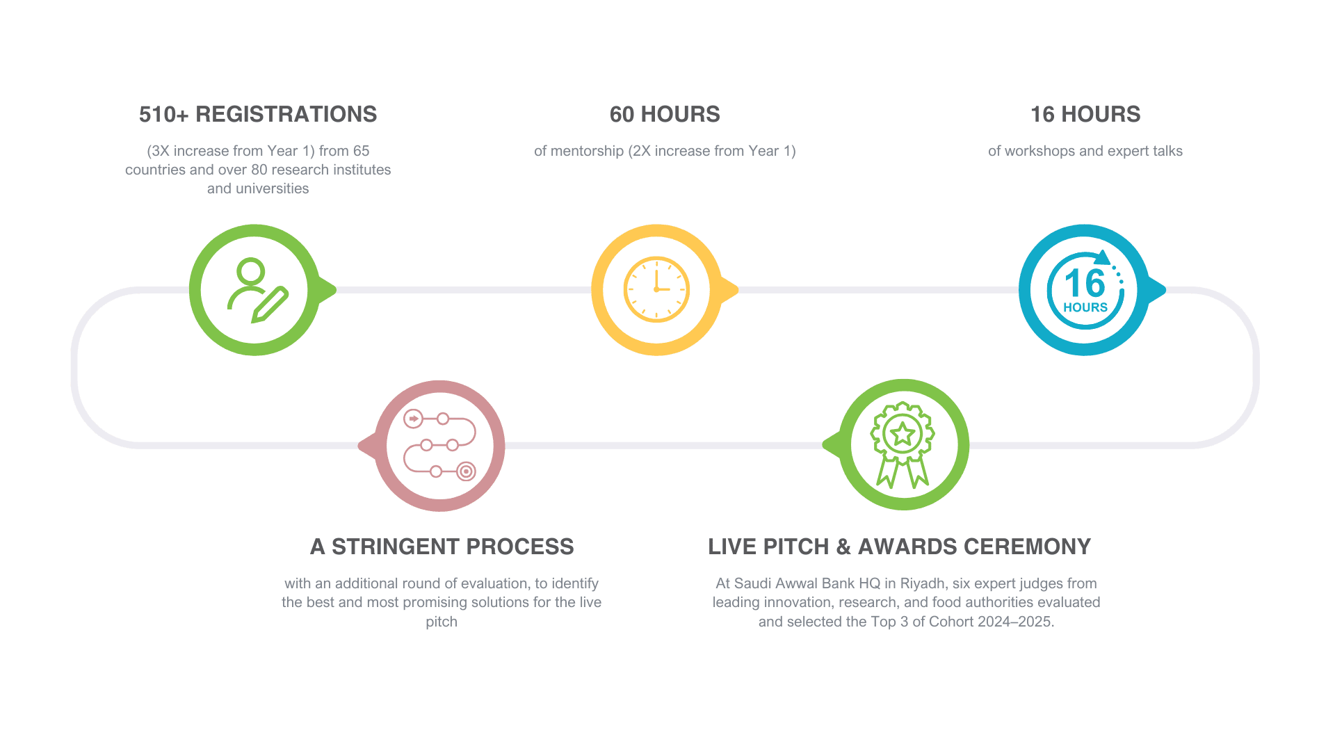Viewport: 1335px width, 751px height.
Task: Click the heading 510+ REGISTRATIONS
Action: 258,114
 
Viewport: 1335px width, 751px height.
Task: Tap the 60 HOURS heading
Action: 665,114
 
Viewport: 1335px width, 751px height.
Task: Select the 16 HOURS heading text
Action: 1085,114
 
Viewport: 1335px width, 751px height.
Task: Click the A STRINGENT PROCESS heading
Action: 442,547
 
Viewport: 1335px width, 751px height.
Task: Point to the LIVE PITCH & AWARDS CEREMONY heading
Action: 900,547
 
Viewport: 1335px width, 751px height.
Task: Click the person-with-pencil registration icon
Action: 255,290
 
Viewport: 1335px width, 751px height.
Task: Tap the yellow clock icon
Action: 656,289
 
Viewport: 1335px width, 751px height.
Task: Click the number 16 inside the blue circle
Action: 1084,283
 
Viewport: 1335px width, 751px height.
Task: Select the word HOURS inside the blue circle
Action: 1085,307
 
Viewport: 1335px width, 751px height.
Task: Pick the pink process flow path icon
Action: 439,446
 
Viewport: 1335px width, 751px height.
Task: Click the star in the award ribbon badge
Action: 903,435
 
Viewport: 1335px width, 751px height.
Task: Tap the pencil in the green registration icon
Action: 270,305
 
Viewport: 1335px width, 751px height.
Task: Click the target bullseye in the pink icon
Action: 466,471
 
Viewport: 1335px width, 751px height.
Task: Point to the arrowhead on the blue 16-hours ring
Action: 1102,258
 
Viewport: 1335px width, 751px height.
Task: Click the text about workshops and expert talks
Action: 1085,151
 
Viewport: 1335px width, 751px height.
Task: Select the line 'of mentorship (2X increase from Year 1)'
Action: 665,151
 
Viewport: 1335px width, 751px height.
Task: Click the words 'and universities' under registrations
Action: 258,188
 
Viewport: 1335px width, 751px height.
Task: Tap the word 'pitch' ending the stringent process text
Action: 442,621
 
